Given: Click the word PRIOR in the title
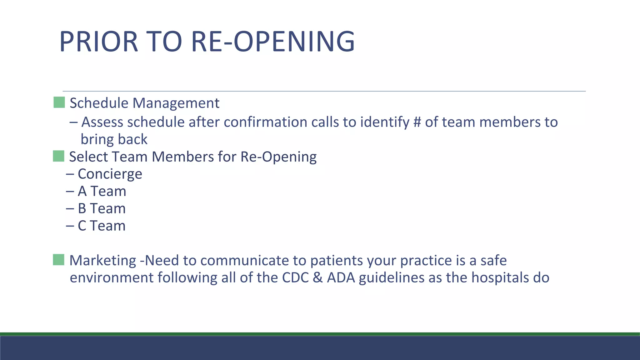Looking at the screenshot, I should tap(98, 42).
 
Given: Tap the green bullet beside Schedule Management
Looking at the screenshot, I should tap(59, 102).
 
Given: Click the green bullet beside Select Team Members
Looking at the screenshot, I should tap(58, 156).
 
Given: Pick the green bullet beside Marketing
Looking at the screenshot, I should tap(58, 260).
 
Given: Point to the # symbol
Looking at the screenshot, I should tap(417, 122).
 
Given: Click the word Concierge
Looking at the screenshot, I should tap(110, 174).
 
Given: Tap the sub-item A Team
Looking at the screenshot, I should tap(102, 191).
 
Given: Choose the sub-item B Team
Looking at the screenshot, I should tap(102, 209).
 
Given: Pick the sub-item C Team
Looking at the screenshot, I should tap(102, 226).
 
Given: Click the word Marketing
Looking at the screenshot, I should tap(103, 261).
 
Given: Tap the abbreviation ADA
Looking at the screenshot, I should tap(341, 278).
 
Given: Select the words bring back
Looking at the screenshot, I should tap(114, 139).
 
